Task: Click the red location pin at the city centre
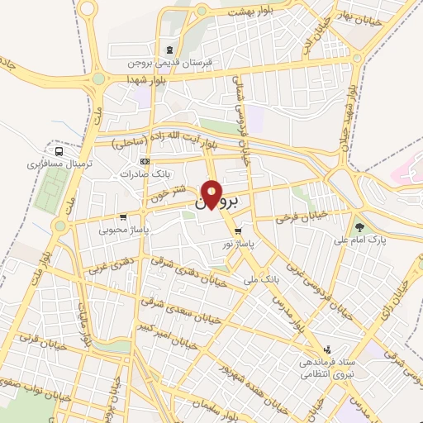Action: (212, 194)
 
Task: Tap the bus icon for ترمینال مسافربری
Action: (58, 151)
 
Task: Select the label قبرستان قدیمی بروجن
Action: (170, 62)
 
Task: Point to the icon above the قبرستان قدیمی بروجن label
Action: (170, 49)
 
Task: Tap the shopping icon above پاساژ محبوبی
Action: (122, 217)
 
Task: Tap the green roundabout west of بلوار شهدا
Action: (98, 79)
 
